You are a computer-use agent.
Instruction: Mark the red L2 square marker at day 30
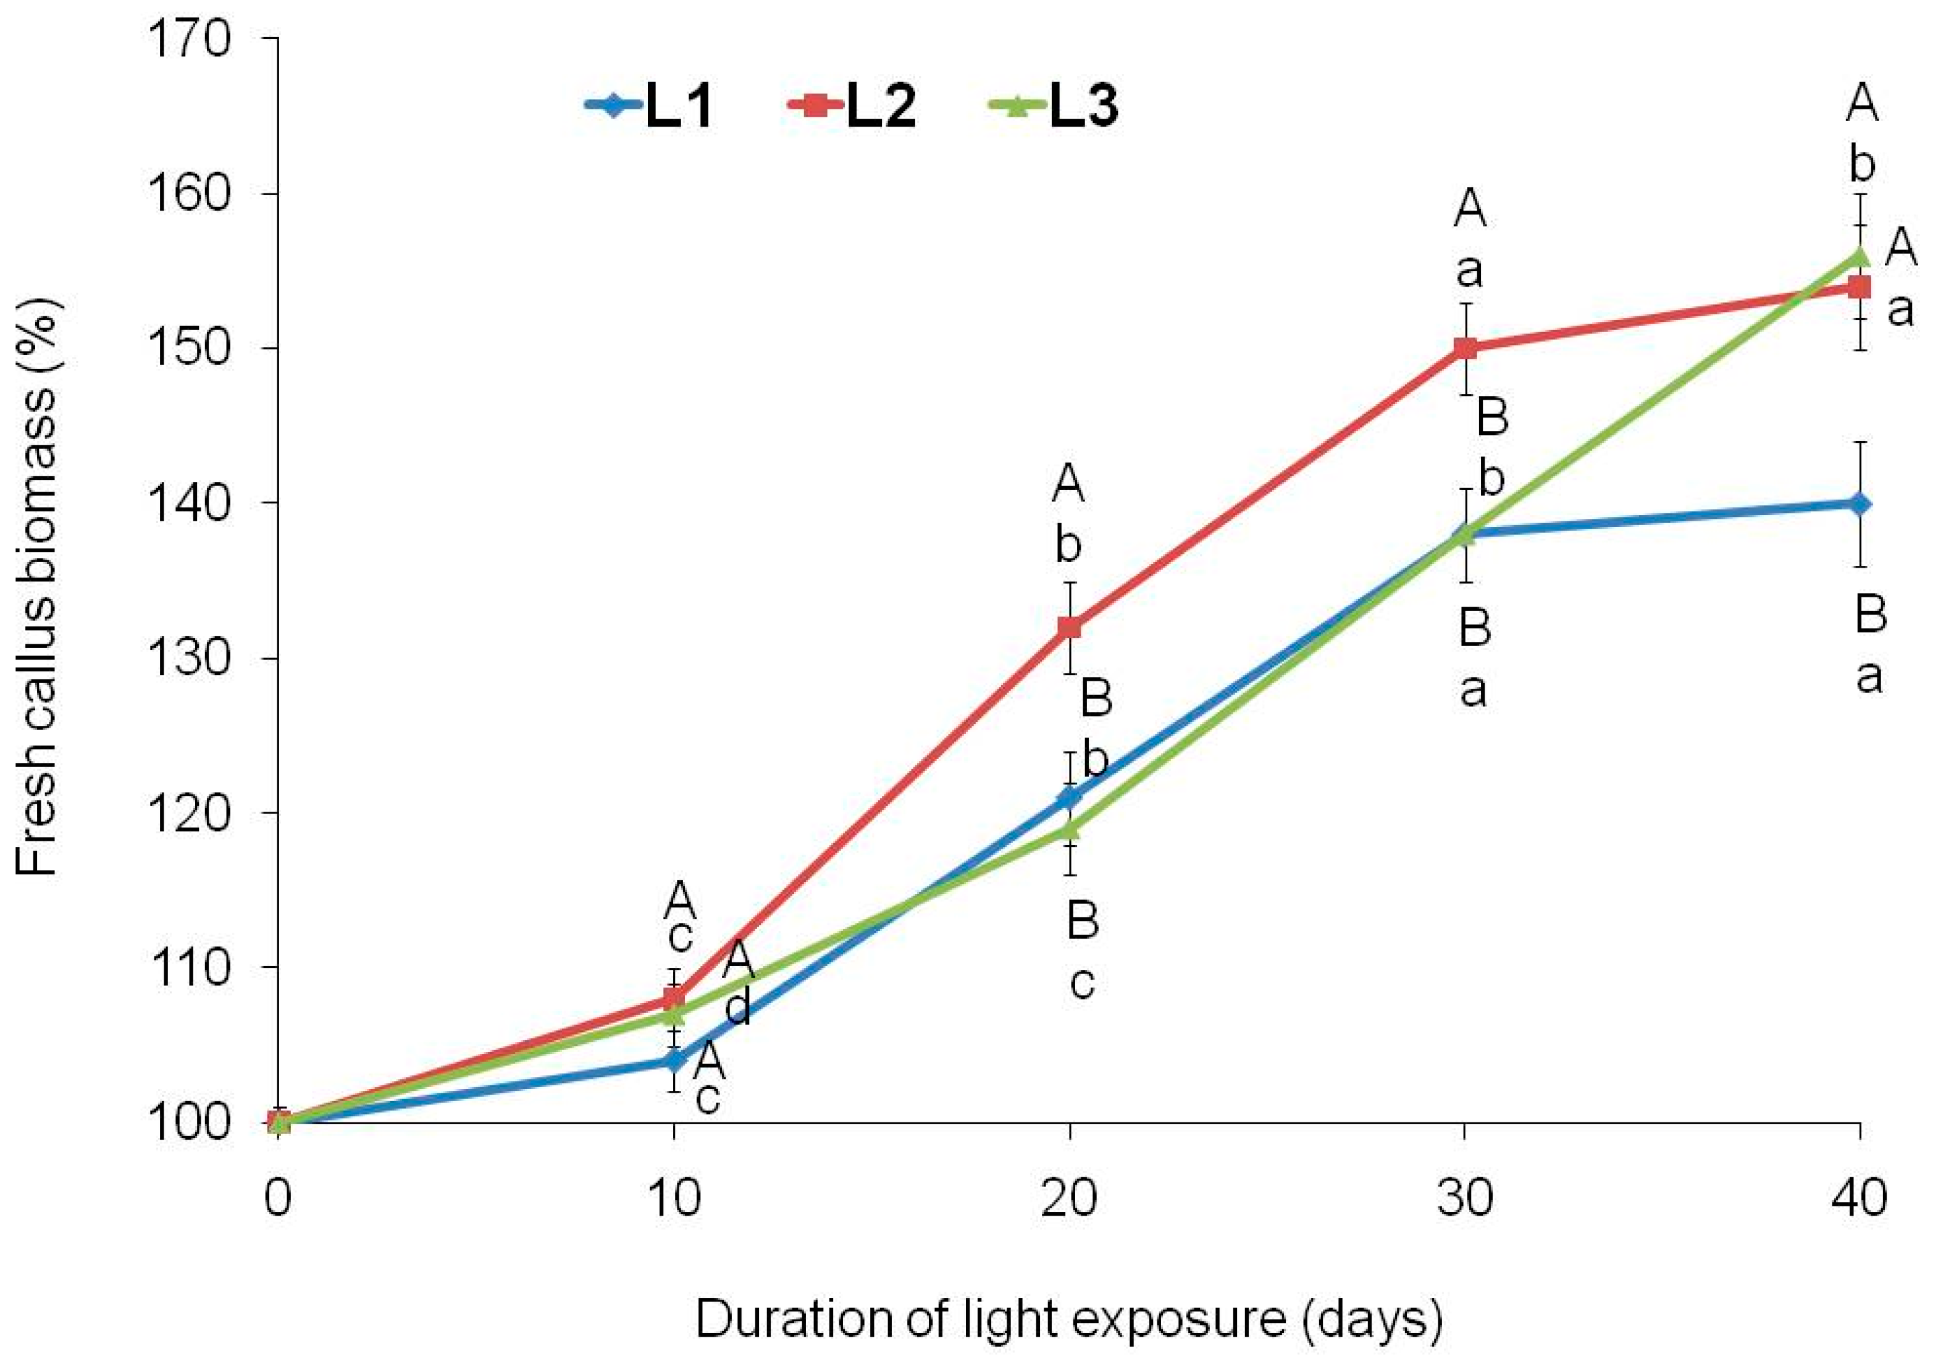[x=1465, y=348]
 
